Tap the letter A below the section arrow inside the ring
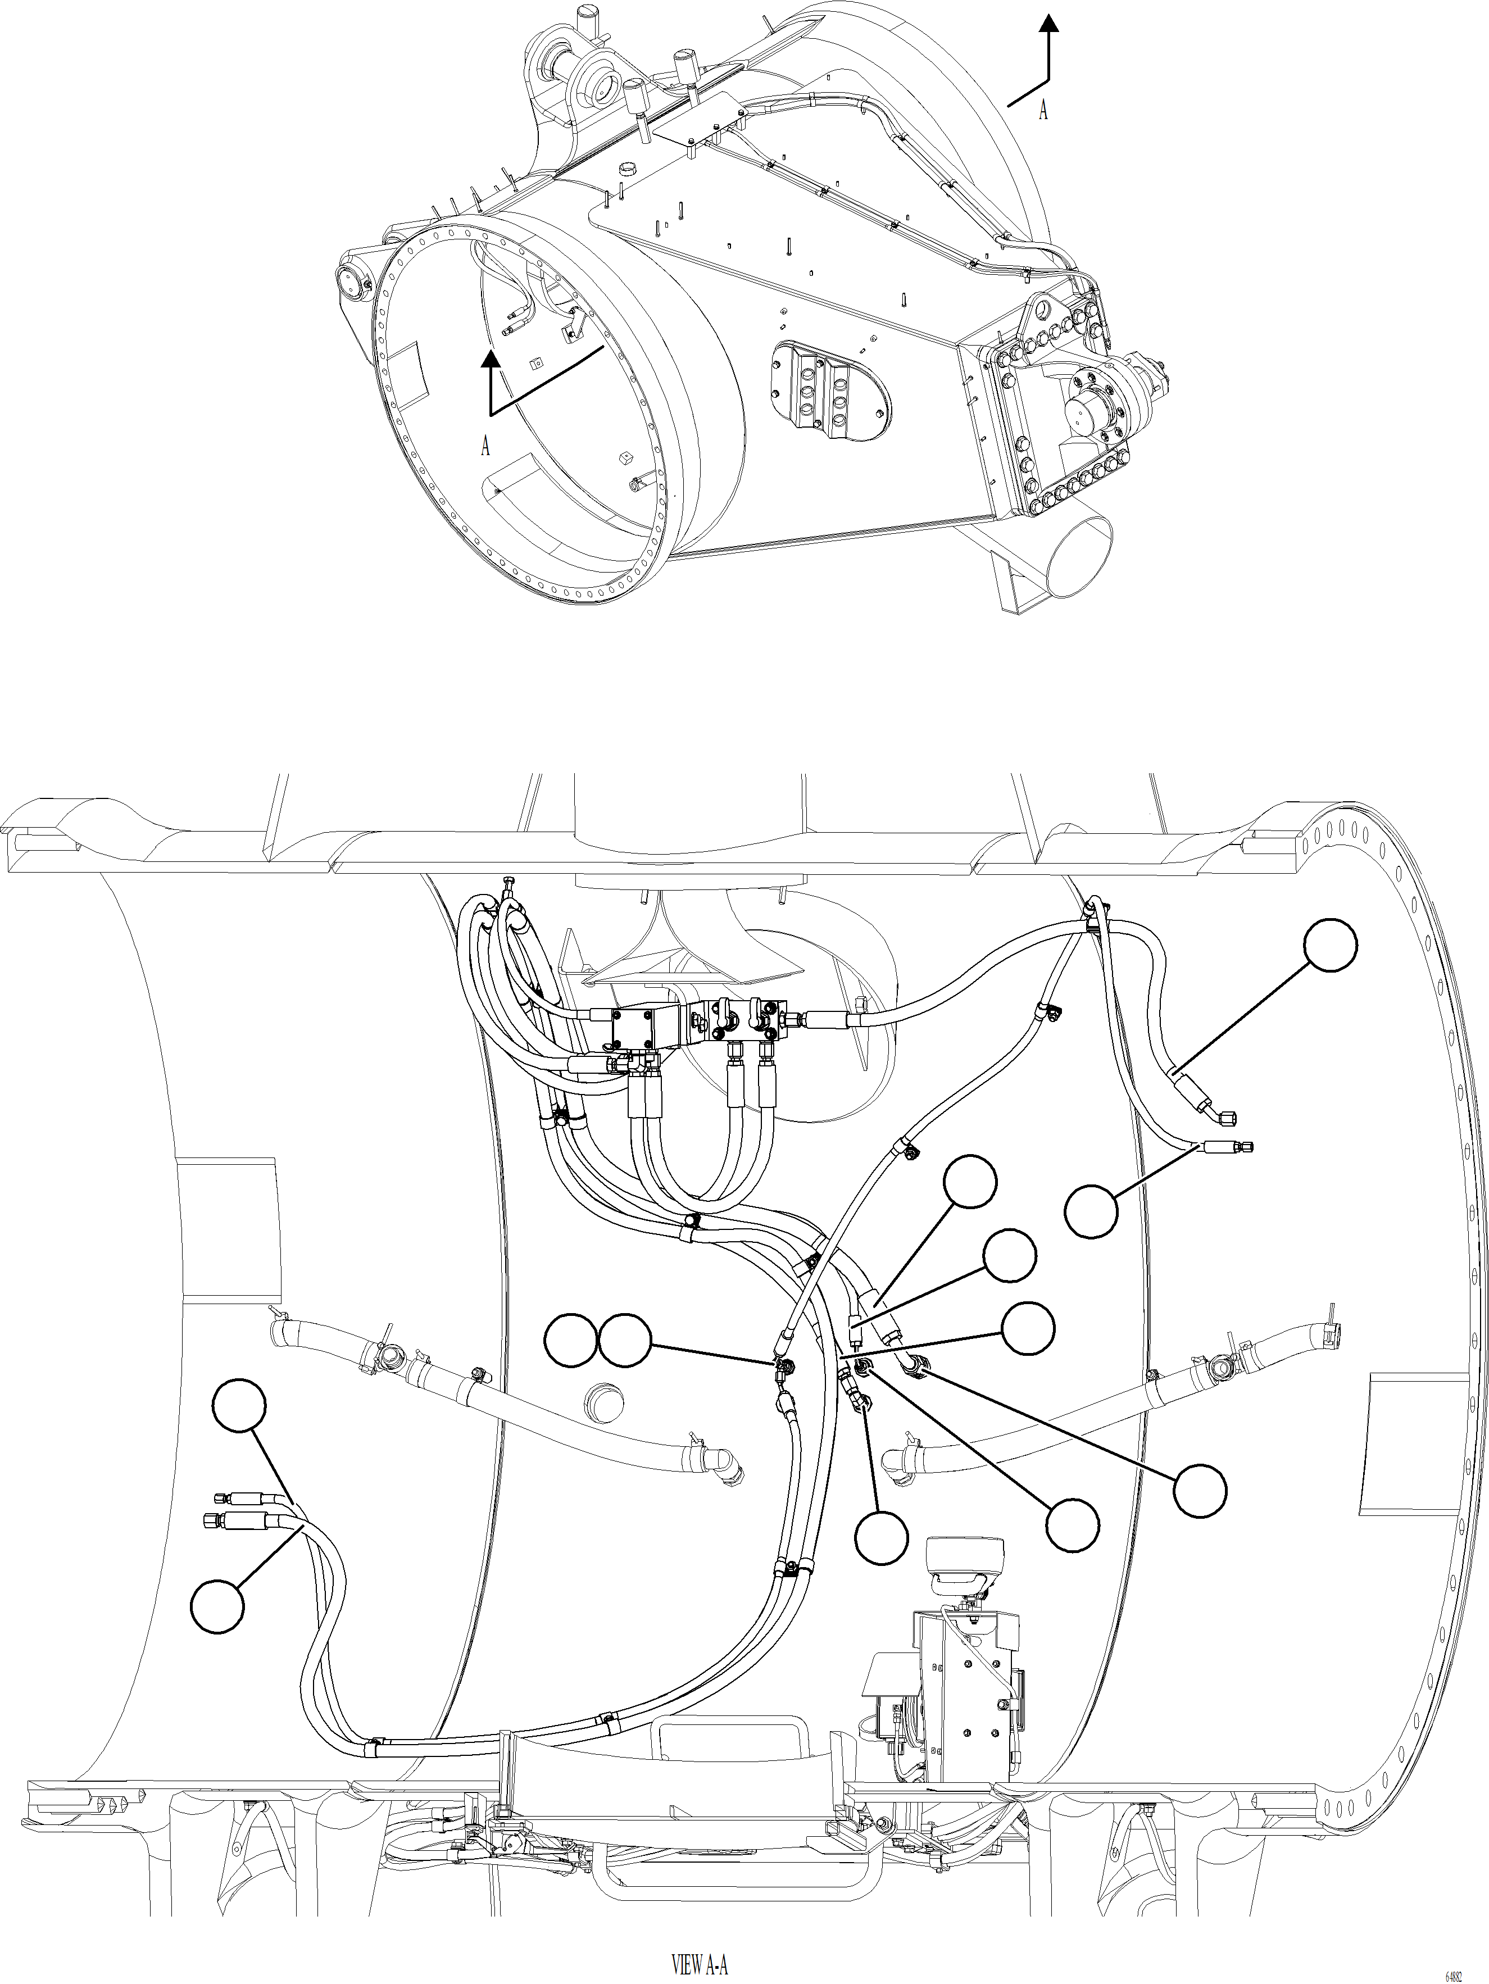coord(485,445)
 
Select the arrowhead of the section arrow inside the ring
coord(490,360)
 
